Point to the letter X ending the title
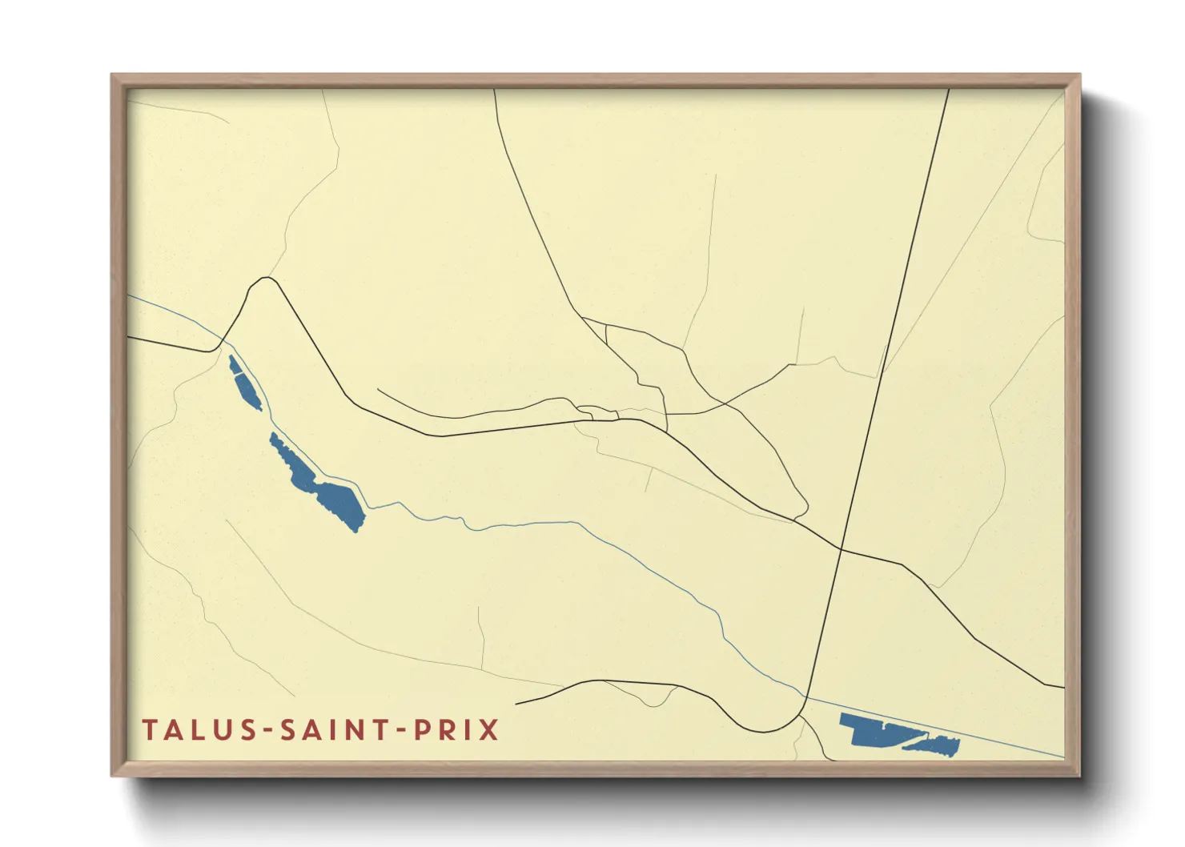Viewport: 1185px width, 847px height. [488, 730]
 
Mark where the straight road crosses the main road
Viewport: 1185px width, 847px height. [841, 549]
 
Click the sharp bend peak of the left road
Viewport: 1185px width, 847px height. [267, 279]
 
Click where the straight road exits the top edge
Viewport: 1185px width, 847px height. [949, 90]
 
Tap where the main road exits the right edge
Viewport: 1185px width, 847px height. [1063, 687]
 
